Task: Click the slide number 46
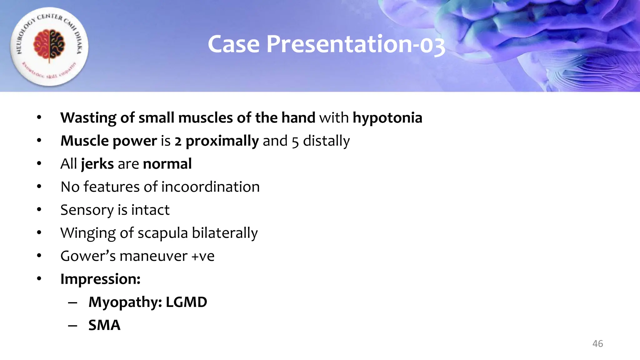[x=597, y=344]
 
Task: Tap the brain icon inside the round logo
[x=49, y=45]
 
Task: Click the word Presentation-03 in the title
[x=356, y=44]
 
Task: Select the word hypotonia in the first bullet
[x=387, y=118]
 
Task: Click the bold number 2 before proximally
[x=178, y=141]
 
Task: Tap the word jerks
[x=97, y=164]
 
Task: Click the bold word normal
[x=167, y=164]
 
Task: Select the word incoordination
[x=211, y=187]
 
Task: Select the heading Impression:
[x=100, y=279]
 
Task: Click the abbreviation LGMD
[x=186, y=302]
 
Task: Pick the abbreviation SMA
[x=104, y=325]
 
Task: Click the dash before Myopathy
[x=72, y=302]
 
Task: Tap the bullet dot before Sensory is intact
[x=39, y=210]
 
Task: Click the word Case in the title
[x=234, y=44]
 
